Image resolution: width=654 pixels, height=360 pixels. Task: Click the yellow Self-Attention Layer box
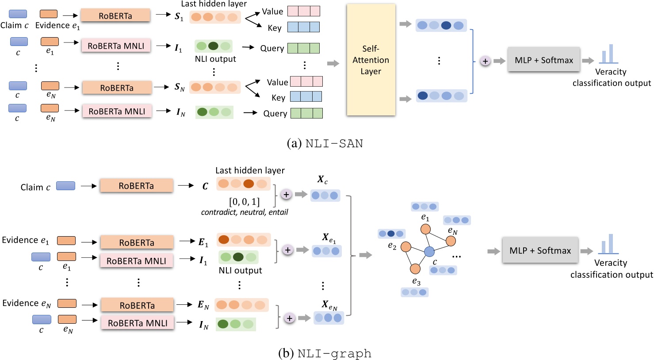371,60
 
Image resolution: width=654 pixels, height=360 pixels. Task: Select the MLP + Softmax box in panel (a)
543,60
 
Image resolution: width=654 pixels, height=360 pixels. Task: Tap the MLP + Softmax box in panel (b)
540,251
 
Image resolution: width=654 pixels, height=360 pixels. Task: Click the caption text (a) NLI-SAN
325,144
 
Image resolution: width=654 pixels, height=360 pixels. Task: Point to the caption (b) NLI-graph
325,353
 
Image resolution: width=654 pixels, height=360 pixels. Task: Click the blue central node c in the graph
429,252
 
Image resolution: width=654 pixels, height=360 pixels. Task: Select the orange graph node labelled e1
425,229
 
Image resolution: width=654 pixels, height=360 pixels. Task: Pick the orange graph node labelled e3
415,268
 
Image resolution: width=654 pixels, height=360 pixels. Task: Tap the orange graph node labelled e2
405,247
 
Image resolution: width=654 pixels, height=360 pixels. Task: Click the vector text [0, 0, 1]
244,202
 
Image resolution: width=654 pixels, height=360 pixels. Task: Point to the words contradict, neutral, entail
244,212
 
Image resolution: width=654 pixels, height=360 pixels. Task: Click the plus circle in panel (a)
485,61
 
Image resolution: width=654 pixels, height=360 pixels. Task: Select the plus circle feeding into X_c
286,195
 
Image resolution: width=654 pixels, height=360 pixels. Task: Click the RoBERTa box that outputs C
136,186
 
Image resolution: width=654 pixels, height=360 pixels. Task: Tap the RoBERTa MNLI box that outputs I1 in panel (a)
116,46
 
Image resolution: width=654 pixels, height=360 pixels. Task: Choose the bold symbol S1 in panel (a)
179,17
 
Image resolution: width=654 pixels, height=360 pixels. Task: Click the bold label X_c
322,180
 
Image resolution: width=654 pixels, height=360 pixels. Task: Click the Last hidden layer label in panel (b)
250,170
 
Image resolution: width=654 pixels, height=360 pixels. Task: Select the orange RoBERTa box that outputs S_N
117,88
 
